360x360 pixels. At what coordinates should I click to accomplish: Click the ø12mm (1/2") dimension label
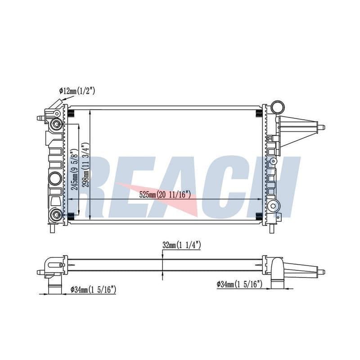click(77, 91)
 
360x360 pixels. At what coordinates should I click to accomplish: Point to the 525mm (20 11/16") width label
click(165, 195)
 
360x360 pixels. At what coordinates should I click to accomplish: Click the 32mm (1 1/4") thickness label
click(182, 245)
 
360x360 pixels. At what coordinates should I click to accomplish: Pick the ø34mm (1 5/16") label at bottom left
click(93, 290)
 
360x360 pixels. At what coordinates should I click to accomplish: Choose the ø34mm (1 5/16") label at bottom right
click(239, 284)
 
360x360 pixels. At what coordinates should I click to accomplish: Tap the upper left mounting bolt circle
click(56, 124)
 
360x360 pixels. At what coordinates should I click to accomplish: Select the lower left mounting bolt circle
click(56, 215)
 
